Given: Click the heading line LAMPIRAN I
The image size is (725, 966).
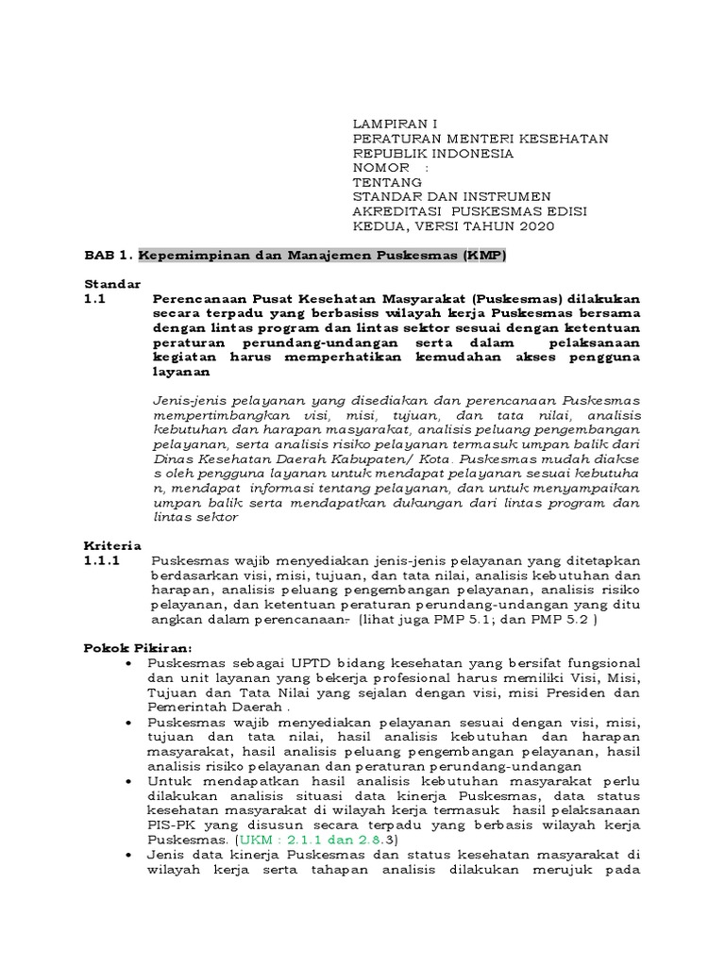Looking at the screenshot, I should pyautogui.click(x=395, y=124).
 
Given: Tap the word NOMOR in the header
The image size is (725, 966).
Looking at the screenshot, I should pyautogui.click(x=381, y=168).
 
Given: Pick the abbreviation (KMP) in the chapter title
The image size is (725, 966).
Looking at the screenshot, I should pyautogui.click(x=483, y=256).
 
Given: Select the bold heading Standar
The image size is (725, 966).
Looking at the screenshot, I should pyautogui.click(x=112, y=284).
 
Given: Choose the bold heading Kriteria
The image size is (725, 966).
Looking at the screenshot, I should pyautogui.click(x=112, y=545).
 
